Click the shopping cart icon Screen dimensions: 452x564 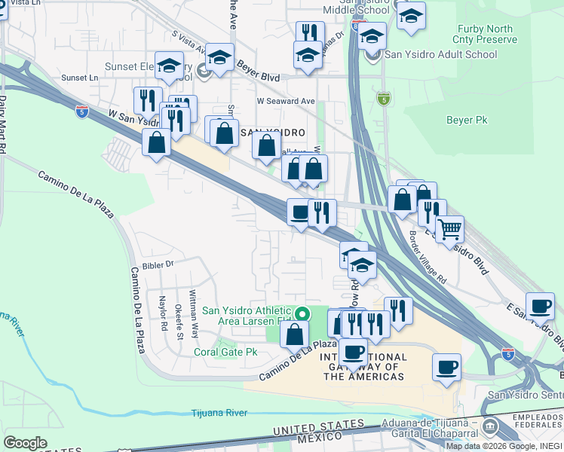[x=450, y=228]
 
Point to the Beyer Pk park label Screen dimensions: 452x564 [x=467, y=120]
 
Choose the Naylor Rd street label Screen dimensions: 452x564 [x=163, y=315]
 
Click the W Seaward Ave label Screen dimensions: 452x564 [x=285, y=100]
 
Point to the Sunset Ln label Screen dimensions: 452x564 [x=80, y=78]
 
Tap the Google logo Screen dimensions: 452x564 [x=26, y=443]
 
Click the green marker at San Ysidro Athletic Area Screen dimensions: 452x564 [x=303, y=313]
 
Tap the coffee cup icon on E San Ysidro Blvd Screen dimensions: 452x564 [x=540, y=306]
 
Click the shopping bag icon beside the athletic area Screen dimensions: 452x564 [x=296, y=333]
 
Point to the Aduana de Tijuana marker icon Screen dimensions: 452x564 [x=490, y=427]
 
